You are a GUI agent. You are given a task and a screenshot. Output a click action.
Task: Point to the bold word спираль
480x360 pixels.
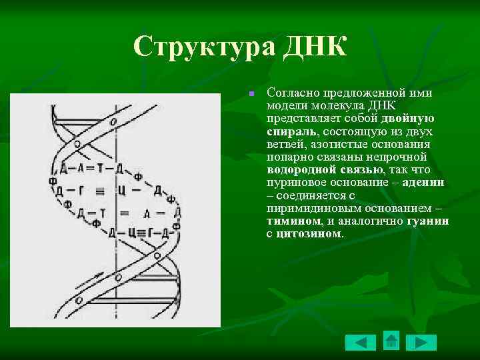point(287,131)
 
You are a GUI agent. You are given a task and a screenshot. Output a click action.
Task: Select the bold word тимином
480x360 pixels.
point(293,220)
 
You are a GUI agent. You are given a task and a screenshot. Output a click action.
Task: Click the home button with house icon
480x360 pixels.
point(391,341)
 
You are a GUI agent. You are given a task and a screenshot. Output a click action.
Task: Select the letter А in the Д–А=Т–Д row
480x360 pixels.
point(80,168)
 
